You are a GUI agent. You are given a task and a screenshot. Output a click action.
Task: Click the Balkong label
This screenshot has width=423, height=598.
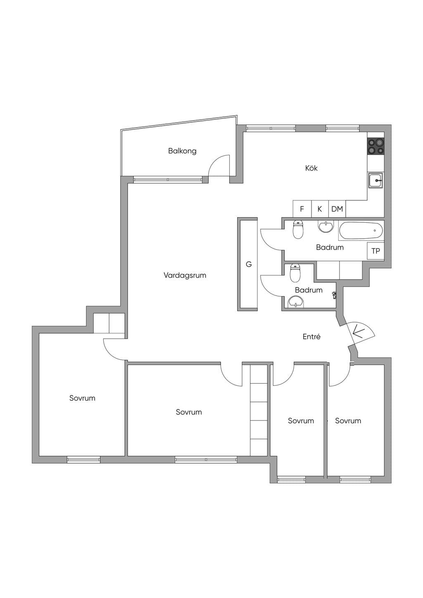(182, 151)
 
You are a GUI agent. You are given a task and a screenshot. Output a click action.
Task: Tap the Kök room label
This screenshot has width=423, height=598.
(311, 168)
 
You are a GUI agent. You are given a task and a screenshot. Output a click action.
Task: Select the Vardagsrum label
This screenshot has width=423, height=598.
(185, 275)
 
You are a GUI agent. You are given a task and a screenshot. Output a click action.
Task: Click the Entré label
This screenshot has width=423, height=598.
(311, 337)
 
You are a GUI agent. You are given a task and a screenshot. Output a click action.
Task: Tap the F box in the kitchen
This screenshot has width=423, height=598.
(302, 209)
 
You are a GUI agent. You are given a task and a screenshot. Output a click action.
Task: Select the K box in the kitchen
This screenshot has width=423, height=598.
(320, 209)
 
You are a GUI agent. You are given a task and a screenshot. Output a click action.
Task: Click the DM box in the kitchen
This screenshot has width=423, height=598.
(337, 209)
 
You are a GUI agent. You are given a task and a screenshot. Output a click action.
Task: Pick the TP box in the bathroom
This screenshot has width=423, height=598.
(375, 251)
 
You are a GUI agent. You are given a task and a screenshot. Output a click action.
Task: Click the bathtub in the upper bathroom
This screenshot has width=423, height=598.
(361, 230)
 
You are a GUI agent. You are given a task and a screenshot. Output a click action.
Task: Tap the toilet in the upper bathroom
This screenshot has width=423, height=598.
(298, 230)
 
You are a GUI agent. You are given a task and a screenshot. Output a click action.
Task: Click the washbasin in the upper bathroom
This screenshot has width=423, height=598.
(326, 227)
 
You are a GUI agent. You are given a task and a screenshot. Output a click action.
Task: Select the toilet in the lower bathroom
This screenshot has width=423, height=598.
(295, 273)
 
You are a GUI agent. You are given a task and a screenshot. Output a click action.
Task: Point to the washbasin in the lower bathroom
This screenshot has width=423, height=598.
(296, 302)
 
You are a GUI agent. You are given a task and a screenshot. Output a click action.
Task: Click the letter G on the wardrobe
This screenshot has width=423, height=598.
(249, 264)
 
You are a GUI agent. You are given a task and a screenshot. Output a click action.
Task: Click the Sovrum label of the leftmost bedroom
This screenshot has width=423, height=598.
(82, 398)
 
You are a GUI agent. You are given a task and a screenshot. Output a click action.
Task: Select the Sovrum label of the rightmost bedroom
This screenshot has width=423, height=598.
(348, 421)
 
